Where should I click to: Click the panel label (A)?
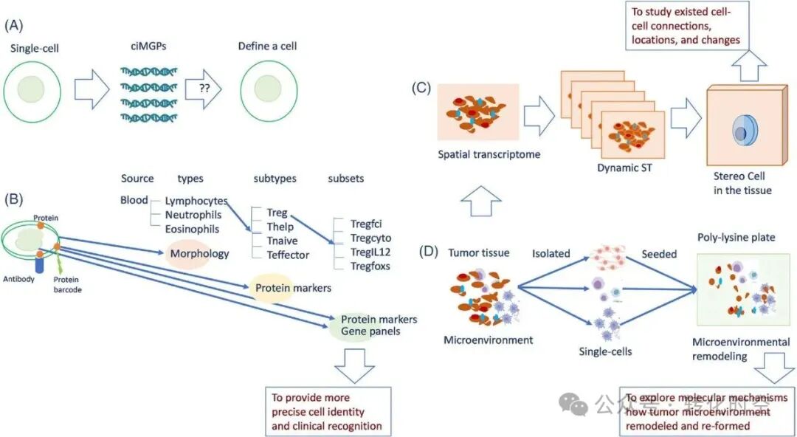[x=14, y=24]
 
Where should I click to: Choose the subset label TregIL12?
[x=370, y=252]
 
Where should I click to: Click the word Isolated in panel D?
[x=551, y=253]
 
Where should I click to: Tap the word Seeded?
[x=659, y=253]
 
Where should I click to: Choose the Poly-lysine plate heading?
[x=736, y=238]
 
